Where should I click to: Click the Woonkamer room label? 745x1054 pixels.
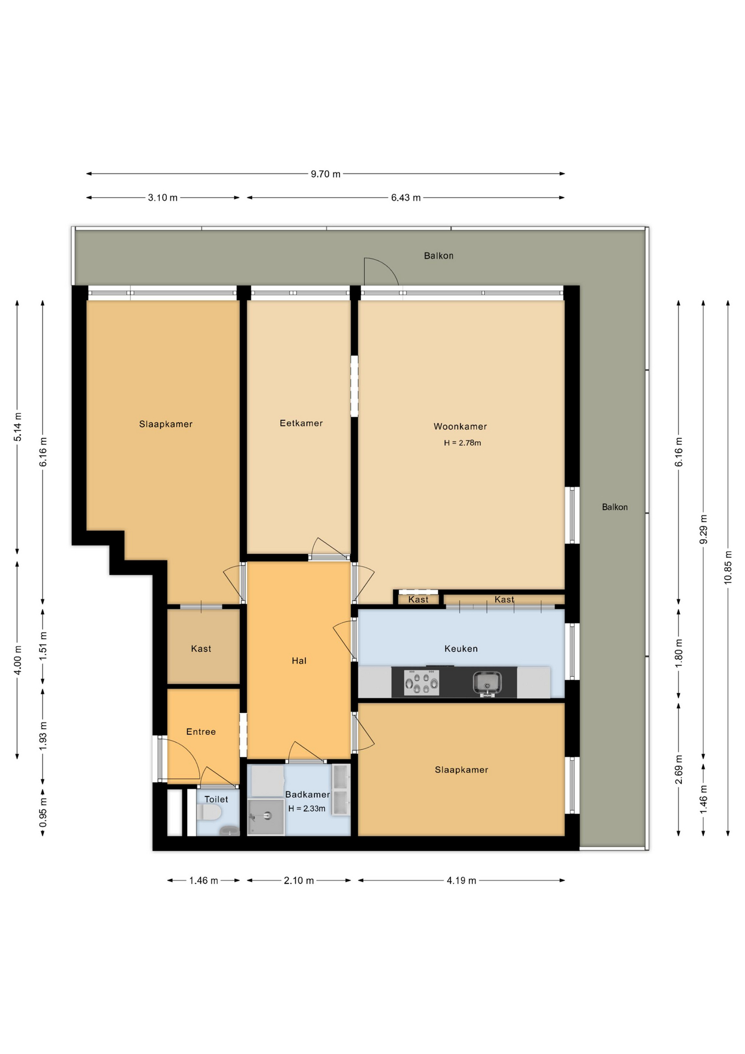460,427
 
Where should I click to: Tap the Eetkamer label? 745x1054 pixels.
301,423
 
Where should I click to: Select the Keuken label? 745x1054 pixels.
461,649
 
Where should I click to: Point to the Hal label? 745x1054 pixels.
299,661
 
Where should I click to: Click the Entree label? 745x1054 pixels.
201,732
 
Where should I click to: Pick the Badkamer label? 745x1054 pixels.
308,794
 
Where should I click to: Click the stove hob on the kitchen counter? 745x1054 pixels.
421,683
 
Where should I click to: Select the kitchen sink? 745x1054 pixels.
487,683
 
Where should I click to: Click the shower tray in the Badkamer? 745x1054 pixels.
266,817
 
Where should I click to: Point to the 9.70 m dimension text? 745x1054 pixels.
326,174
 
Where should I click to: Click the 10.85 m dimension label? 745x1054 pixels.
728,567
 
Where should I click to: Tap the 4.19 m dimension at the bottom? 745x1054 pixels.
461,881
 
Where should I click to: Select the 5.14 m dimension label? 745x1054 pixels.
18,427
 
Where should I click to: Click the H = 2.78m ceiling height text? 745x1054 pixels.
462,443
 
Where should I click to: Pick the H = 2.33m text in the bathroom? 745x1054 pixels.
307,809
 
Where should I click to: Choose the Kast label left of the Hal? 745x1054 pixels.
201,649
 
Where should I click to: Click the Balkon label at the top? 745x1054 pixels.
438,256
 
